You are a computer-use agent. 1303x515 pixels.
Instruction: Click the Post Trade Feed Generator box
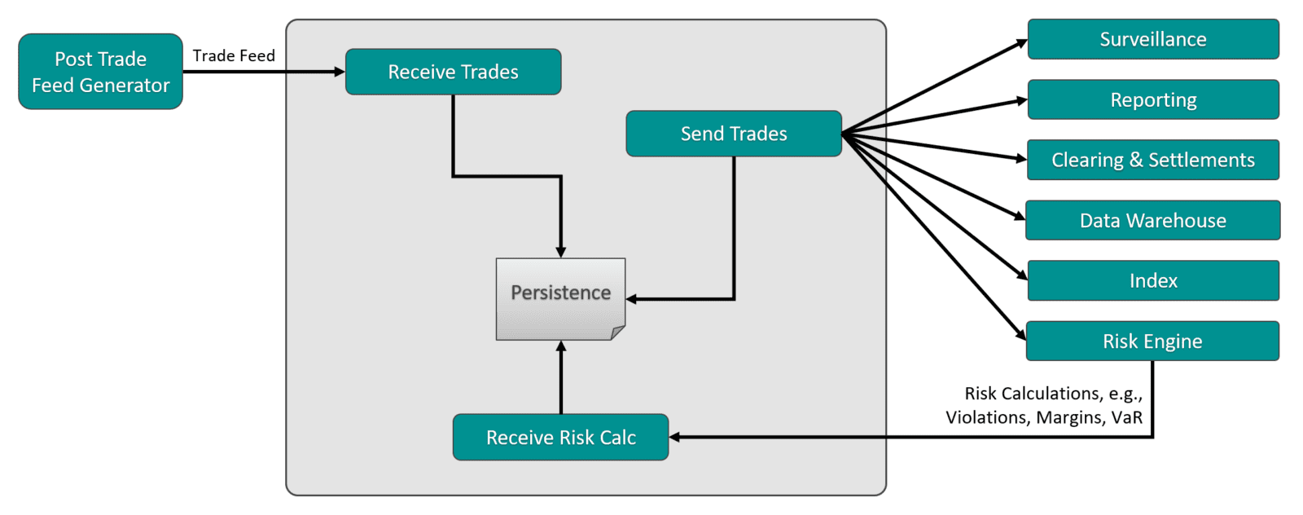pyautogui.click(x=100, y=72)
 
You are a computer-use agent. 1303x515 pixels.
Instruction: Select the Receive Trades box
pyautogui.click(x=453, y=72)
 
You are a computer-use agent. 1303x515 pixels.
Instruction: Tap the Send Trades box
pyautogui.click(x=733, y=134)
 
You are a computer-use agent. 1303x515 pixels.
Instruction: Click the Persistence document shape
pyautogui.click(x=560, y=293)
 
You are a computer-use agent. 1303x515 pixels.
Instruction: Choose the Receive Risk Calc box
pyautogui.click(x=560, y=438)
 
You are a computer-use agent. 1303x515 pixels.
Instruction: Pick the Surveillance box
pyautogui.click(x=1153, y=39)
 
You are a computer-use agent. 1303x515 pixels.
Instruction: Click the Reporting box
pyautogui.click(x=1153, y=99)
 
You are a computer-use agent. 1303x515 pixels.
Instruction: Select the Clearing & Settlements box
pyautogui.click(x=1153, y=160)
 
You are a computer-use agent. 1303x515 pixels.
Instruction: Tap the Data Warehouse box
pyautogui.click(x=1153, y=220)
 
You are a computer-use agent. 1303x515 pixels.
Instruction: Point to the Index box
pyautogui.click(x=1153, y=280)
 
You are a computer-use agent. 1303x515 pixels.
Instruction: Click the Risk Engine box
pyautogui.click(x=1153, y=341)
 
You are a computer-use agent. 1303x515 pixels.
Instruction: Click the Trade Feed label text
pyautogui.click(x=234, y=55)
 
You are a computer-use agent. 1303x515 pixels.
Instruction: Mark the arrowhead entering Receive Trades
pyautogui.click(x=340, y=72)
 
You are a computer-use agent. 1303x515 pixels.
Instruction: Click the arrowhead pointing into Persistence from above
pyautogui.click(x=560, y=253)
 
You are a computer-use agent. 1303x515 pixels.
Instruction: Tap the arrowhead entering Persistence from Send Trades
pyautogui.click(x=632, y=299)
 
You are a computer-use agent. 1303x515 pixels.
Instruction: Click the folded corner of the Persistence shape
pyautogui.click(x=617, y=332)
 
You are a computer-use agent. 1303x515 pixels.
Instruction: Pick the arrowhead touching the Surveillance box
pyautogui.click(x=1022, y=43)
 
